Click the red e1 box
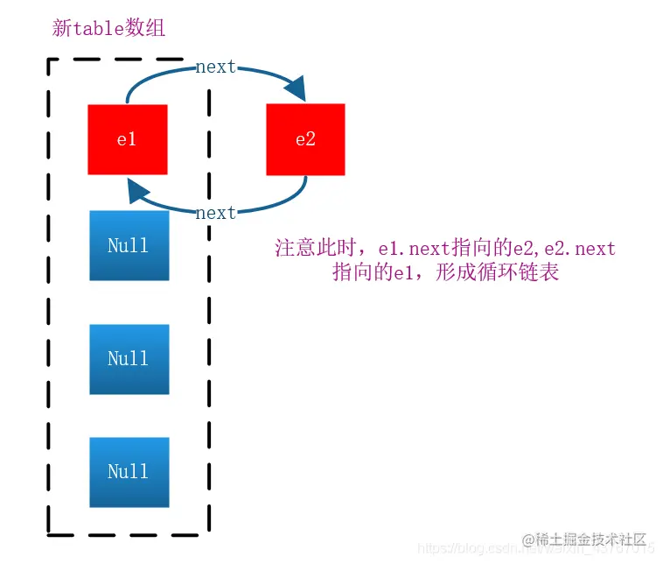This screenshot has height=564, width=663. [x=127, y=139]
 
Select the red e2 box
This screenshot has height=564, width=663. [x=305, y=139]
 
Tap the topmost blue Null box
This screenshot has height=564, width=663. [x=129, y=245]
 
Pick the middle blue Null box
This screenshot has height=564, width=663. [x=129, y=358]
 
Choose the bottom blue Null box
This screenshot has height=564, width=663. [x=129, y=471]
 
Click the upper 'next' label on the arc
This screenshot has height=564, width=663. [x=215, y=67]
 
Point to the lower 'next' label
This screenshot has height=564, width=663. [x=215, y=213]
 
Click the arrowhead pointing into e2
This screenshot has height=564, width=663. [x=296, y=88]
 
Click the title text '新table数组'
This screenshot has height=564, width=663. [x=109, y=28]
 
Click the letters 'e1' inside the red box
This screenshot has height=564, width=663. [x=127, y=139]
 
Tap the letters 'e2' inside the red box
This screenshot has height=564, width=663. [x=305, y=139]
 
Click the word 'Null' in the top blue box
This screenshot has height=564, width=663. [x=129, y=245]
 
